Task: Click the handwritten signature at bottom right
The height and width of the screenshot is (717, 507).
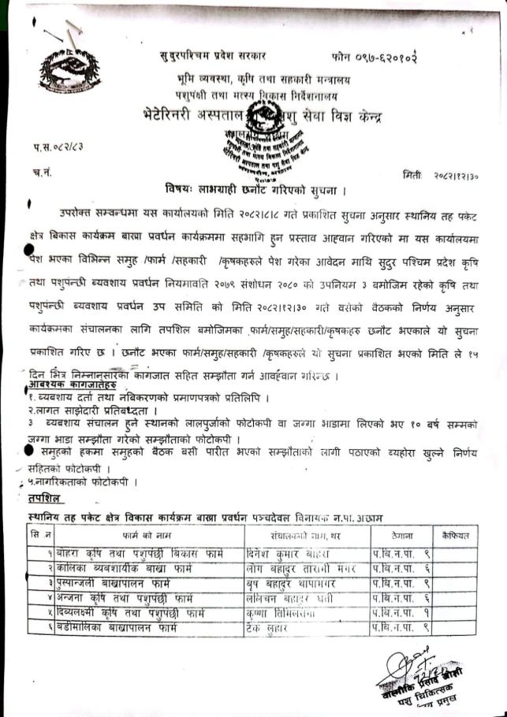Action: click(x=411, y=674)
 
